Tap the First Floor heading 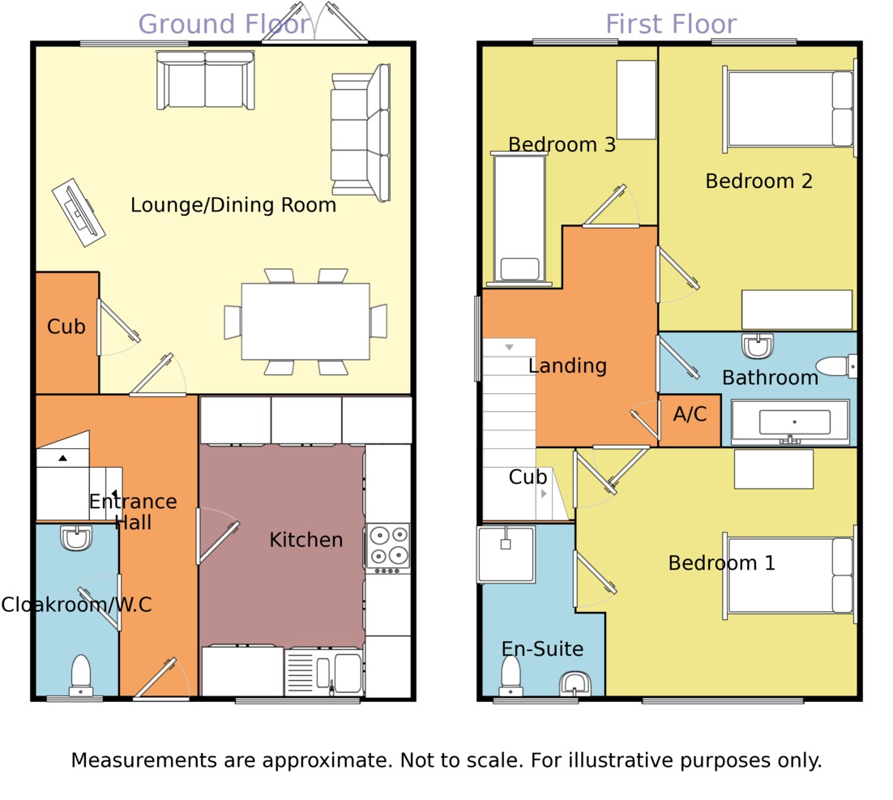(671, 24)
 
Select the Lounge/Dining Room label (233, 205)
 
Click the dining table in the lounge (305, 322)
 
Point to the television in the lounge (79, 212)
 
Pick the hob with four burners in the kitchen (388, 546)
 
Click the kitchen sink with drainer (323, 672)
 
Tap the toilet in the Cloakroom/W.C (81, 675)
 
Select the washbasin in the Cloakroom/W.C (77, 538)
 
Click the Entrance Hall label (133, 511)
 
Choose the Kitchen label (305, 540)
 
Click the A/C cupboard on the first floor (690, 415)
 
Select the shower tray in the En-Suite (506, 554)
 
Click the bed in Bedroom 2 (790, 109)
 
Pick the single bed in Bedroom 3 (519, 219)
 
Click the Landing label (567, 366)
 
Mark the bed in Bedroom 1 (790, 575)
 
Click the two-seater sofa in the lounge (205, 79)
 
